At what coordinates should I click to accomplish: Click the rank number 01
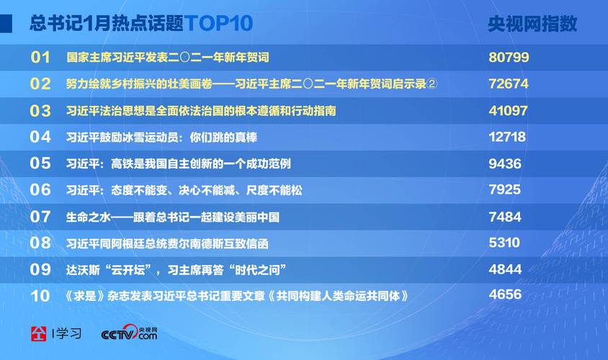tap(40, 58)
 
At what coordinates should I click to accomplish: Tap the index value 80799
tap(509, 57)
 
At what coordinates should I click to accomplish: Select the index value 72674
tap(509, 84)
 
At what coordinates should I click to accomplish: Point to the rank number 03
tap(40, 111)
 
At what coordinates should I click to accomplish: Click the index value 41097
tap(509, 111)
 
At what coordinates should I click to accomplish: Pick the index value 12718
tap(507, 137)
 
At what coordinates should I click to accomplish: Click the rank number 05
tap(40, 163)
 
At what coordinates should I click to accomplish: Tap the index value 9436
tap(505, 163)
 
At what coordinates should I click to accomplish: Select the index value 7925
tap(504, 190)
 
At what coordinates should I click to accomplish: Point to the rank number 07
tap(40, 217)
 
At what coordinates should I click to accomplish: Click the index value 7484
tap(504, 217)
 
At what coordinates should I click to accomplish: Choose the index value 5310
tap(504, 243)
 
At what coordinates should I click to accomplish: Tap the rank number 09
tap(40, 269)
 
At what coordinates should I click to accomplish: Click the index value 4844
tap(504, 269)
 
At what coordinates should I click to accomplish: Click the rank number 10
tap(40, 296)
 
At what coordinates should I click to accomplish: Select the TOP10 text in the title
tap(218, 24)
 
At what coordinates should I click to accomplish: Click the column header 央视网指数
tap(532, 24)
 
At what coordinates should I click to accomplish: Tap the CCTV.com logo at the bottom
tap(129, 333)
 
